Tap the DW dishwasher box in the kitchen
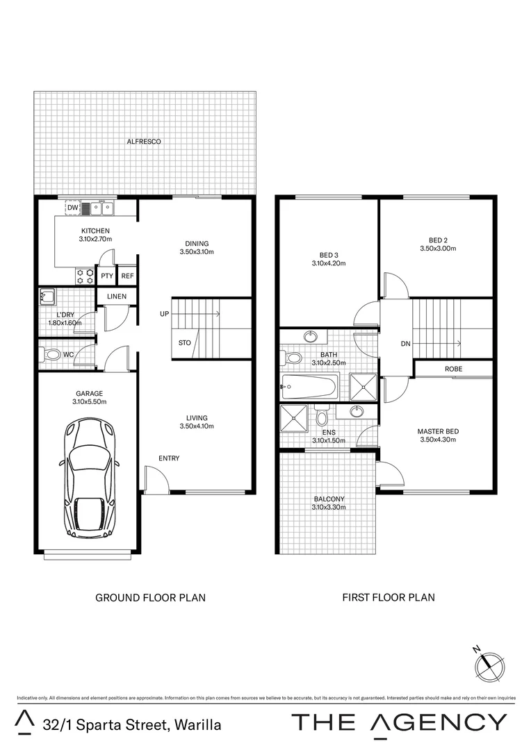[x=72, y=207]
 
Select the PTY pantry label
[x=106, y=276]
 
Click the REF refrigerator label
[x=127, y=276]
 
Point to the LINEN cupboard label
[x=116, y=297]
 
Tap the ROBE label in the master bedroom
[x=453, y=369]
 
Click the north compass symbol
[x=488, y=665]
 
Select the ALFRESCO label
[x=144, y=142]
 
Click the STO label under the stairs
[x=184, y=343]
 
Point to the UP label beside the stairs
[x=164, y=315]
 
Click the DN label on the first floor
[x=406, y=344]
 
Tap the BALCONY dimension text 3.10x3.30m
[x=329, y=507]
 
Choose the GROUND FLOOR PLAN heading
[x=150, y=597]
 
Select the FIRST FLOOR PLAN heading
[x=388, y=597]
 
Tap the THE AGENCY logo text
[x=399, y=722]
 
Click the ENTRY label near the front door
[x=169, y=458]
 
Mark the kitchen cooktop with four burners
[x=85, y=276]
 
